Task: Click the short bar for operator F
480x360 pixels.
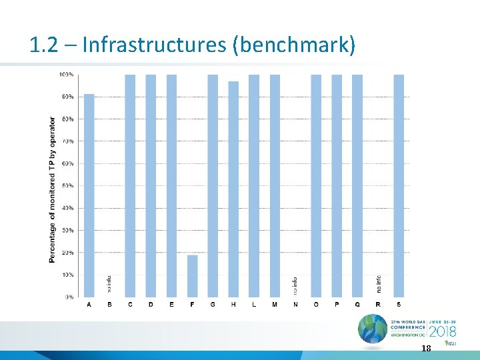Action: tap(192, 276)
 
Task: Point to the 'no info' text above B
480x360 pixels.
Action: tap(110, 285)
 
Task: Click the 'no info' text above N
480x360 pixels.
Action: tap(295, 285)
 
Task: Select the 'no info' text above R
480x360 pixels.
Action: tap(378, 285)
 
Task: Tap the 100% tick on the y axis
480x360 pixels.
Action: tap(67, 74)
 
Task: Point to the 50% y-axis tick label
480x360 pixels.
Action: tap(67, 185)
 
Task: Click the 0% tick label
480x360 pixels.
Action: tap(69, 297)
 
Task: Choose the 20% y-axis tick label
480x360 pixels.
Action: tap(67, 253)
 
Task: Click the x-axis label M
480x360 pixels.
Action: tap(275, 305)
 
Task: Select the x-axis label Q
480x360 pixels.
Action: tap(357, 305)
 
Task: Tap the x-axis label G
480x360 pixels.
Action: tap(213, 305)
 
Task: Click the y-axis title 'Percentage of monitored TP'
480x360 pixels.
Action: tap(53, 190)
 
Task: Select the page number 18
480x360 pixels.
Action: tap(427, 349)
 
